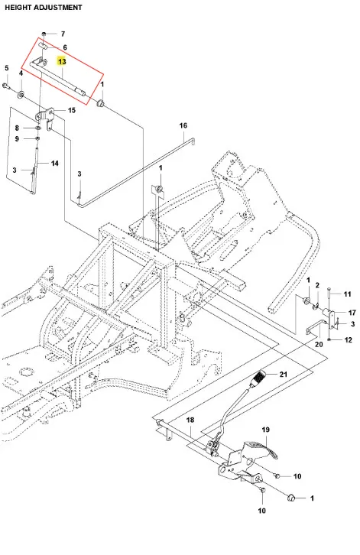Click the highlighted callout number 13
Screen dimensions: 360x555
click(62, 62)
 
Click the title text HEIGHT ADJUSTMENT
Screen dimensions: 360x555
click(44, 8)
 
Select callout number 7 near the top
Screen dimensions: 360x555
click(63, 34)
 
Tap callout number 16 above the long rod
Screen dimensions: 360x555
click(183, 125)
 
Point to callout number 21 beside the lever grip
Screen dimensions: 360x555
click(284, 374)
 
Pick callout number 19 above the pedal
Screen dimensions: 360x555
click(265, 430)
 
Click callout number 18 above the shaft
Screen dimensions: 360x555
click(190, 420)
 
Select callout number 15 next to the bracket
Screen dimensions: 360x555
click(72, 110)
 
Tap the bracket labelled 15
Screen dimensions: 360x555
click(46, 117)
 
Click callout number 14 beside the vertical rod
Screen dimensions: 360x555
click(54, 163)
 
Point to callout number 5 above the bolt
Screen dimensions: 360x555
click(7, 68)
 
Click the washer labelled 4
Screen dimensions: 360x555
click(21, 95)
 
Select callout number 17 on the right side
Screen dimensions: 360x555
click(352, 313)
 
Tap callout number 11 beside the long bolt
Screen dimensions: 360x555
click(347, 294)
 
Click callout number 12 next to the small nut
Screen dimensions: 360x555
click(349, 339)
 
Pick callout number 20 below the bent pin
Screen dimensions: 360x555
click(319, 344)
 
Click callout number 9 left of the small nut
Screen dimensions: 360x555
click(17, 139)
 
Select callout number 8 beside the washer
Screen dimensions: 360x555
click(17, 128)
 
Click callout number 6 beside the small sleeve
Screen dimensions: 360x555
click(65, 47)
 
